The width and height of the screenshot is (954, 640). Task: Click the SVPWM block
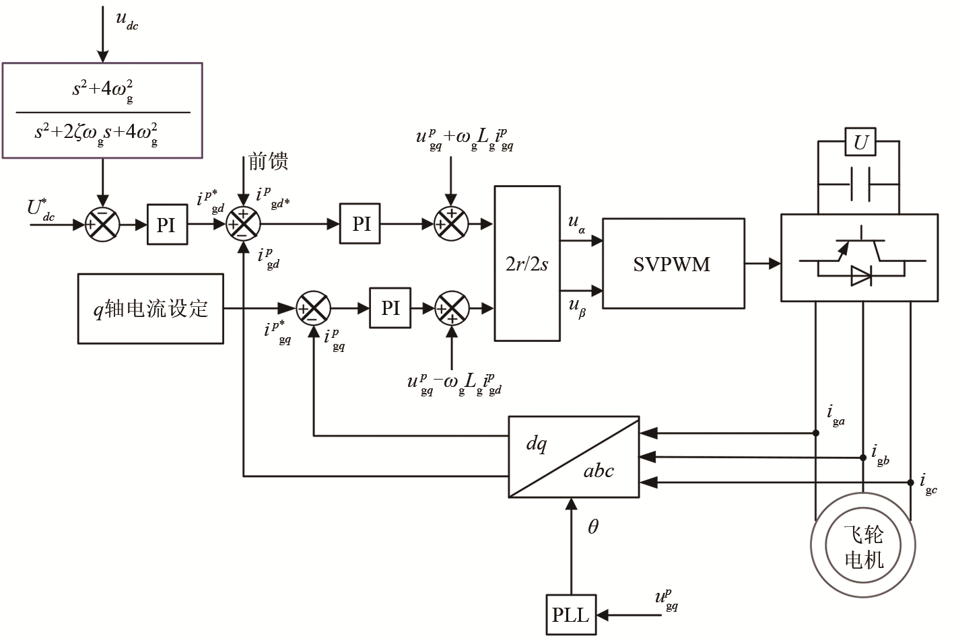click(673, 263)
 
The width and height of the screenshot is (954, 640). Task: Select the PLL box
click(570, 614)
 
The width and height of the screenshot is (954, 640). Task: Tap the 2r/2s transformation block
click(526, 263)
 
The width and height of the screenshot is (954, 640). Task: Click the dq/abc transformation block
click(573, 457)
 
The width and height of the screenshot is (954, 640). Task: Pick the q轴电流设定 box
click(150, 309)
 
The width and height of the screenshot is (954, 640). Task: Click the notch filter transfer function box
click(102, 110)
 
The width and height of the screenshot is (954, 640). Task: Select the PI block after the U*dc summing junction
click(166, 224)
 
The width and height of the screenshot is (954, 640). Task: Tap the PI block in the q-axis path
click(390, 308)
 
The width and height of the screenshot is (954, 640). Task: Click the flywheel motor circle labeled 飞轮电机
click(863, 546)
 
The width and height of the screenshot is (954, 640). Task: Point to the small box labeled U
click(860, 142)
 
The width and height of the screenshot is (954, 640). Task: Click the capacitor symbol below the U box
click(860, 184)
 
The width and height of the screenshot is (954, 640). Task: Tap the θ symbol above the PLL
click(592, 527)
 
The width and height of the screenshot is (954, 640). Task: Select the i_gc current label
click(928, 483)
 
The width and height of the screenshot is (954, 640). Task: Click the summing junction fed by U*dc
click(102, 224)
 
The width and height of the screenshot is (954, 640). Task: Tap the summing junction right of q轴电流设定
click(314, 308)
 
